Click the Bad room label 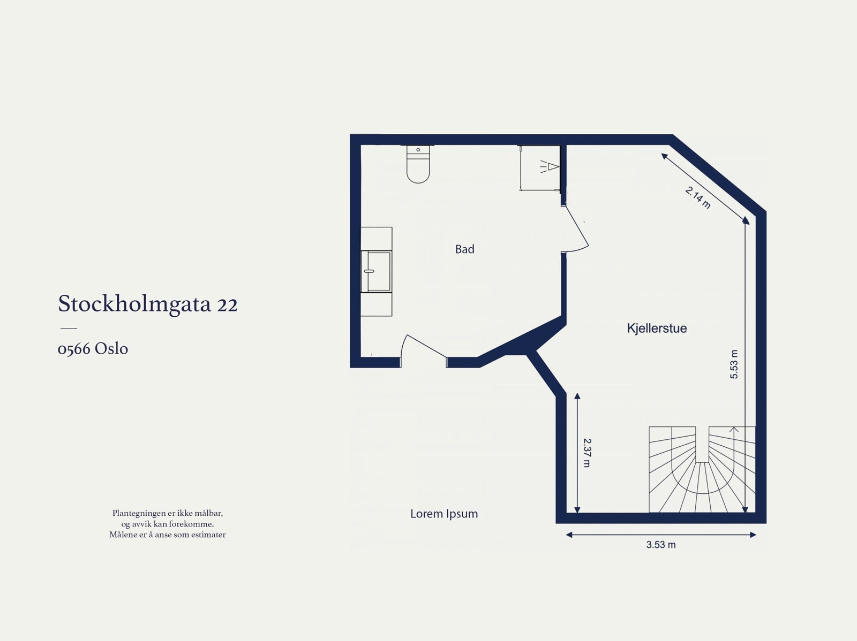[464, 249]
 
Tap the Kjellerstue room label [657, 329]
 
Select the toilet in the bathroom [418, 165]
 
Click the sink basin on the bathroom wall [377, 271]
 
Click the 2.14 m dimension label [698, 197]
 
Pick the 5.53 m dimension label [734, 364]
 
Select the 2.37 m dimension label [587, 453]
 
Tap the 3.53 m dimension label [660, 545]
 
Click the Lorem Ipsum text [444, 514]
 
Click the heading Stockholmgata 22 [147, 304]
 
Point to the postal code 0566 [73, 349]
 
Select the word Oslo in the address [111, 349]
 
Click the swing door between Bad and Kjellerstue [575, 229]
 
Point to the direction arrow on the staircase [734, 430]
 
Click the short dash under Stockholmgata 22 [68, 328]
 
